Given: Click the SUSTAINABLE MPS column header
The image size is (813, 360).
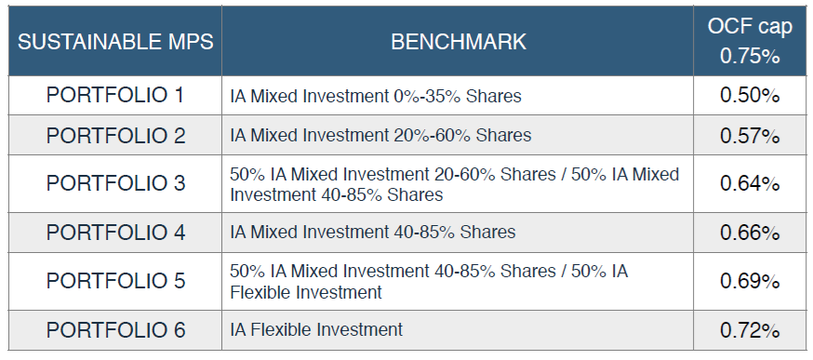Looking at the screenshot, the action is [x=115, y=42].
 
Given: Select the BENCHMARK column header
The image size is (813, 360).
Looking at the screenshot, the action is [x=459, y=42].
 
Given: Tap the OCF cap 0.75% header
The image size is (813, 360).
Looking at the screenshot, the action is [x=751, y=41].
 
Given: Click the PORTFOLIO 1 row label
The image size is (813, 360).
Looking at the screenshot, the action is [x=115, y=96].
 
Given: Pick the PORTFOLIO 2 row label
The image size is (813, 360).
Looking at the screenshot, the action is [x=115, y=136].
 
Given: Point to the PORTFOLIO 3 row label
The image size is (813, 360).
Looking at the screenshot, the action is [x=115, y=183].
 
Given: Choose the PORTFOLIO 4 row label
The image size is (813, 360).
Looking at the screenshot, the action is [x=115, y=233].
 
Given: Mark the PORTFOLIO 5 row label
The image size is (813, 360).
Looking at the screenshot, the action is [x=115, y=281].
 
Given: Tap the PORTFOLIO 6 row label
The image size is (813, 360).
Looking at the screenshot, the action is [x=115, y=330].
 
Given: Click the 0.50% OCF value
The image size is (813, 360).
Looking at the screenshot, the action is [x=750, y=96].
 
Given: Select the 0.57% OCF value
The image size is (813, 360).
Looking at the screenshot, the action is [x=750, y=136].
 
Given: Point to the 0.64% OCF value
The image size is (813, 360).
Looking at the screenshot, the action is [x=750, y=183].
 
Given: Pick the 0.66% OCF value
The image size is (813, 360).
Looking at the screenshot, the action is [x=750, y=233].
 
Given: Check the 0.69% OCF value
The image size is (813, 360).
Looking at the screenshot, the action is [x=750, y=281].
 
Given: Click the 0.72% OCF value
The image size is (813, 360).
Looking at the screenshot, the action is [x=750, y=330].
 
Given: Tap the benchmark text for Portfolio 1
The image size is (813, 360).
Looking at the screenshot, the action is [x=376, y=96].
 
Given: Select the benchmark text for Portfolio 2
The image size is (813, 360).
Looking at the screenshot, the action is [x=381, y=136].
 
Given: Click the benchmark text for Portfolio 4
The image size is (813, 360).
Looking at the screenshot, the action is [x=373, y=232].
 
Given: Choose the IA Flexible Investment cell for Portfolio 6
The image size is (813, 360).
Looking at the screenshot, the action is [x=316, y=329].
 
